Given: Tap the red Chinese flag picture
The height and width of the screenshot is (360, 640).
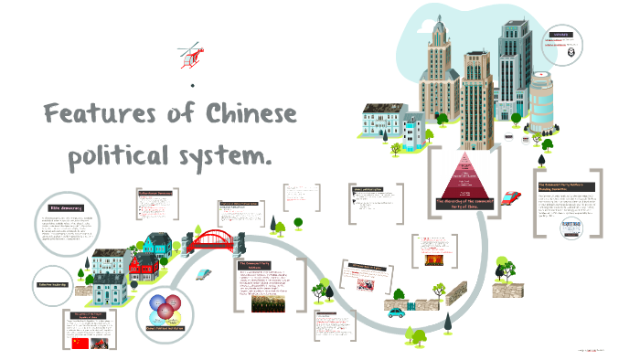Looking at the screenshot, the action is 81,343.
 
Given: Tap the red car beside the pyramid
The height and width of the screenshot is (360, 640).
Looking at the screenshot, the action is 510,196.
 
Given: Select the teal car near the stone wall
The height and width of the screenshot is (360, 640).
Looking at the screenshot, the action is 396,312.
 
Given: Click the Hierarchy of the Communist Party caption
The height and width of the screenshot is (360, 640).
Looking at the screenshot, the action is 468,205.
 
